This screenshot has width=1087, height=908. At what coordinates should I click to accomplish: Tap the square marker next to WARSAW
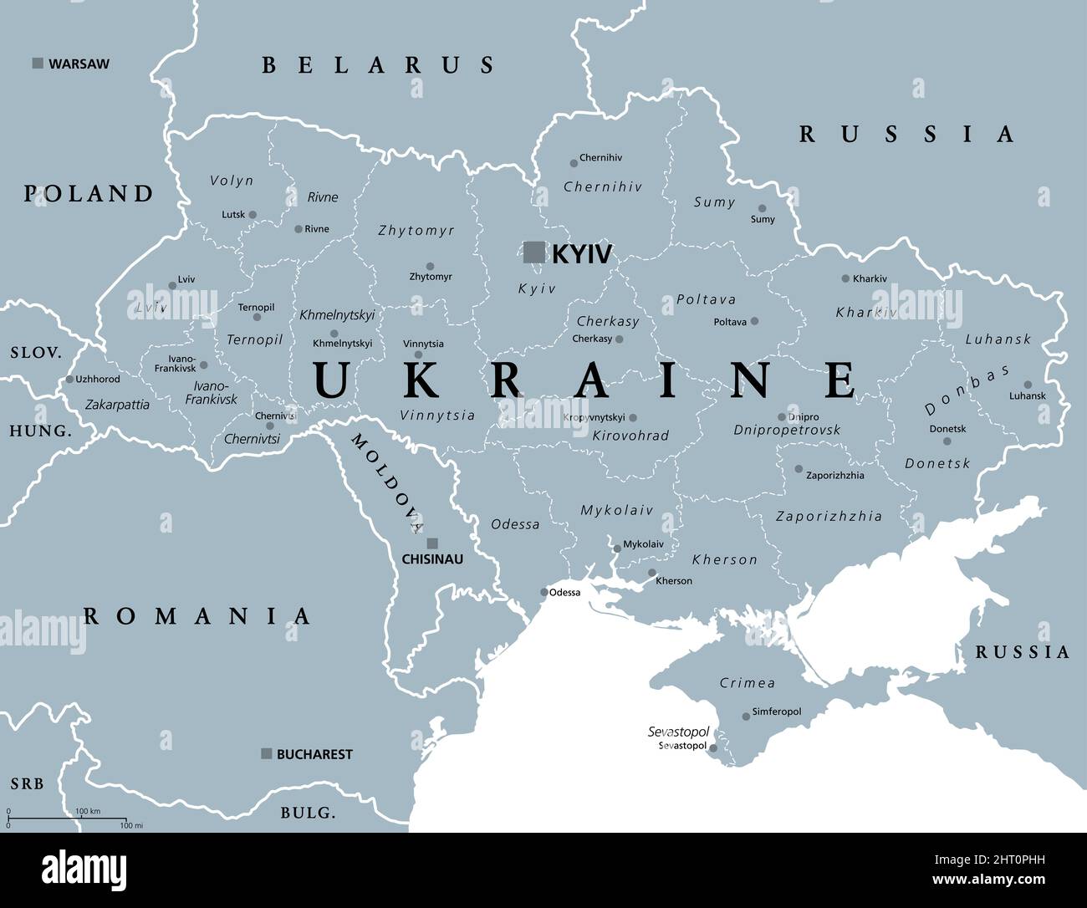pos(38,64)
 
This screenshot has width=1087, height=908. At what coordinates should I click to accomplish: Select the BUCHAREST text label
pos(314,754)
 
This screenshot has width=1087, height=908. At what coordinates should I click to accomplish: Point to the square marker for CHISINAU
pos(432,543)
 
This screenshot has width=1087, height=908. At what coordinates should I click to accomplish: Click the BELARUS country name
pos(378,65)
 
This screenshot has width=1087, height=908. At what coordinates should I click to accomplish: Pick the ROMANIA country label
pos(197,617)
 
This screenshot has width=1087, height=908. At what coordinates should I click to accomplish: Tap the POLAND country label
pos(89,194)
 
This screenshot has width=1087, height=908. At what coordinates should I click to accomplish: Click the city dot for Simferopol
pos(746,716)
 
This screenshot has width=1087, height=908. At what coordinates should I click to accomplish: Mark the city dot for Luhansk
pos(1028,385)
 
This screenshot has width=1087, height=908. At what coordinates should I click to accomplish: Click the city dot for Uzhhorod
pos(69,380)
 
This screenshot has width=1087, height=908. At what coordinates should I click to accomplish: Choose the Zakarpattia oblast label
pos(117,405)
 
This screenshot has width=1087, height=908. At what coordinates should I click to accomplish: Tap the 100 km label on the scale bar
pos(88,812)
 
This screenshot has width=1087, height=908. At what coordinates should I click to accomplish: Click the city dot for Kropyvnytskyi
pos(633,417)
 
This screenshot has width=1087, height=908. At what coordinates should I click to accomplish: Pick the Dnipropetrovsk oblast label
pos(787,430)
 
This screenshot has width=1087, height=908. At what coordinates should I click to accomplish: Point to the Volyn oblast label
pos(232,181)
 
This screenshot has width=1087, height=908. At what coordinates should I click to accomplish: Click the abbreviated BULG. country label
pos(308,813)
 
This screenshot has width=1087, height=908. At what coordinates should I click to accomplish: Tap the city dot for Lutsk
pos(253,214)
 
